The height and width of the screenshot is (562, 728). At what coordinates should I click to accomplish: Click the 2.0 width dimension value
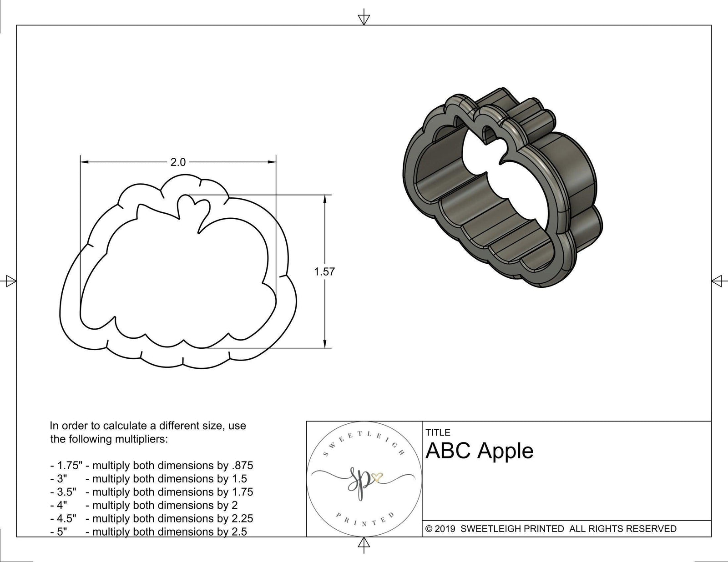(178, 162)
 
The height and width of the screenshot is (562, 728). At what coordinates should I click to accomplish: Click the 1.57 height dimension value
(324, 272)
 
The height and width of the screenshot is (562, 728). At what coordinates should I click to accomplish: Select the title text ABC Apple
(479, 451)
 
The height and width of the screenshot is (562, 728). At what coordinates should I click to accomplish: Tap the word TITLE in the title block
(438, 432)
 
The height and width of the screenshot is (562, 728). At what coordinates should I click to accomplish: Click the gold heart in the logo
(378, 477)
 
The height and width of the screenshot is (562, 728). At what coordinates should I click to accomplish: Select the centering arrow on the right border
(718, 281)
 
